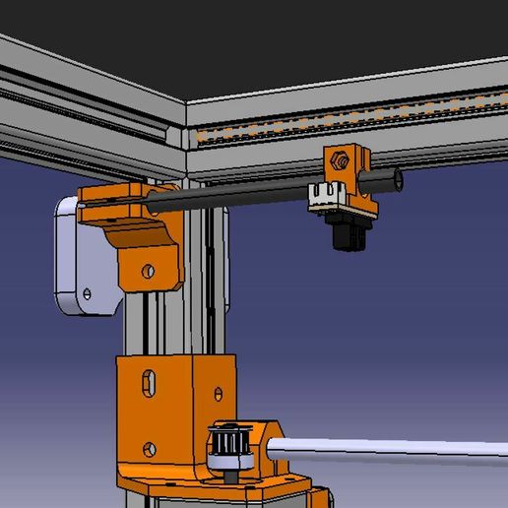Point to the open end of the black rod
398,179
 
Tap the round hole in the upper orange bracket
148,269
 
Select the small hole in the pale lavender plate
87,292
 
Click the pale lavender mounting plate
79,256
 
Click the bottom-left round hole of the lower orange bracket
149,450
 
